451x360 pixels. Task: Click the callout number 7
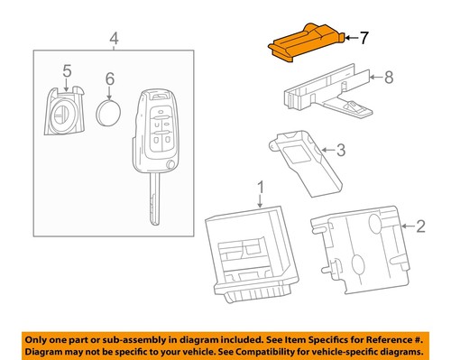click(x=364, y=38)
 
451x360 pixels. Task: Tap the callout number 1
click(x=260, y=188)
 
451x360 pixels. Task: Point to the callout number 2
click(x=419, y=229)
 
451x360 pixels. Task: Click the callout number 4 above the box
click(x=113, y=38)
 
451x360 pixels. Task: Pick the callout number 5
click(x=67, y=70)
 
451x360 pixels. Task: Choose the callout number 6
click(x=109, y=79)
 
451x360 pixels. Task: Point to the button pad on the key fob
click(x=159, y=128)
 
